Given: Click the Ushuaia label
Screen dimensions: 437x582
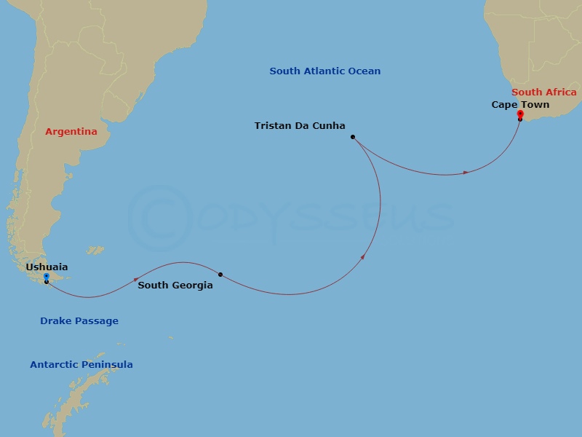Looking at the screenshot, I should pos(47,267).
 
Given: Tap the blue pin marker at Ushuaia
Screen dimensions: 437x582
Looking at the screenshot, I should pos(46,277).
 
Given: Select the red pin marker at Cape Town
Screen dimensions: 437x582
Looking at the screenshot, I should pos(519,114).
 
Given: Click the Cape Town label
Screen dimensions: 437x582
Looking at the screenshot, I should pos(520,105).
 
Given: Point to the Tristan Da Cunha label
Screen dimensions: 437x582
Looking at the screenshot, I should pos(300,126).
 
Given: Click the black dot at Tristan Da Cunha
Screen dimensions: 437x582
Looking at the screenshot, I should pos(352,137).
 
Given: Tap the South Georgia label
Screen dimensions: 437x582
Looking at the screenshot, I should pos(175,286).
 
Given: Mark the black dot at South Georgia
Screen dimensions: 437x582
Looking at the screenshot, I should pos(220,275).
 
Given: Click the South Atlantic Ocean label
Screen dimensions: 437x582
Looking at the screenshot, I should pos(325,71).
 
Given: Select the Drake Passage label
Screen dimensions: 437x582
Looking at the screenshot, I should pos(79,321).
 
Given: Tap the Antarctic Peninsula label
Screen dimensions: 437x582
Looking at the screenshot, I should pos(81,365).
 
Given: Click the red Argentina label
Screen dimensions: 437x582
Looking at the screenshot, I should pos(71,132).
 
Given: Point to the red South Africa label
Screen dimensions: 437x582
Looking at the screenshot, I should pos(544,92).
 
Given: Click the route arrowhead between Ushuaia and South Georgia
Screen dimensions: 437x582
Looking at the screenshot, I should pos(136,279).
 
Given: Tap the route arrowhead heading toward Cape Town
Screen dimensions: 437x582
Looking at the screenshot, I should pos(466,173).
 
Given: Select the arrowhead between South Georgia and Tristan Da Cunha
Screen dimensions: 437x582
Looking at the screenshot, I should pos(362,256).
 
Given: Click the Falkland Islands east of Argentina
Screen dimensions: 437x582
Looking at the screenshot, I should pos(95,251).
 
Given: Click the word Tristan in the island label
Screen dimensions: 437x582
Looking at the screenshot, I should pos(273,126).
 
